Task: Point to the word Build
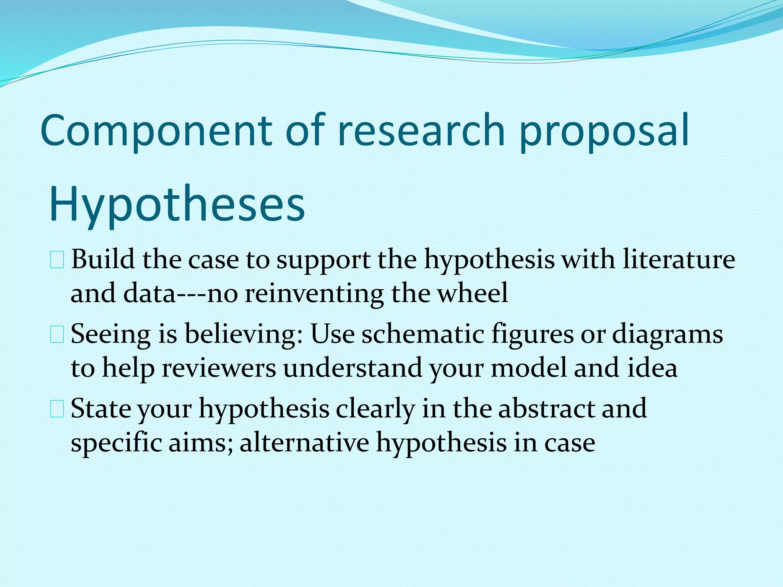tap(103, 259)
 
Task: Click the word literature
tap(679, 259)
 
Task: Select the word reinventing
tap(314, 293)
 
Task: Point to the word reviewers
tap(218, 368)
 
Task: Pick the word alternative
tap(304, 443)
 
